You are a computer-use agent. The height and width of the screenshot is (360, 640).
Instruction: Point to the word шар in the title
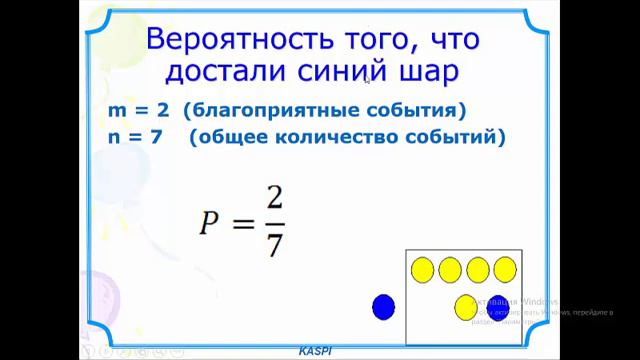(x=431, y=74)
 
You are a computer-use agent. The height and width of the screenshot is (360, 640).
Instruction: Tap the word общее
(x=241, y=136)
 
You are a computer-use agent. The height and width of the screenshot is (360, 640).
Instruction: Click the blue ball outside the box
(x=383, y=307)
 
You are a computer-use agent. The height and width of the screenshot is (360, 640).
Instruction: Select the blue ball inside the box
(x=497, y=307)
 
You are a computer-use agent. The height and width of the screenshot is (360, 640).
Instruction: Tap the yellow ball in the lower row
(x=465, y=307)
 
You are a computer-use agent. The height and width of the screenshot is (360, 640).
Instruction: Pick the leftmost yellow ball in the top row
(x=423, y=269)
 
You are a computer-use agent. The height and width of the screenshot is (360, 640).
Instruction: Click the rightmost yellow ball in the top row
(x=504, y=269)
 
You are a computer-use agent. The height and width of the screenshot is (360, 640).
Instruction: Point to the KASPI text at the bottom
(x=316, y=353)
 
